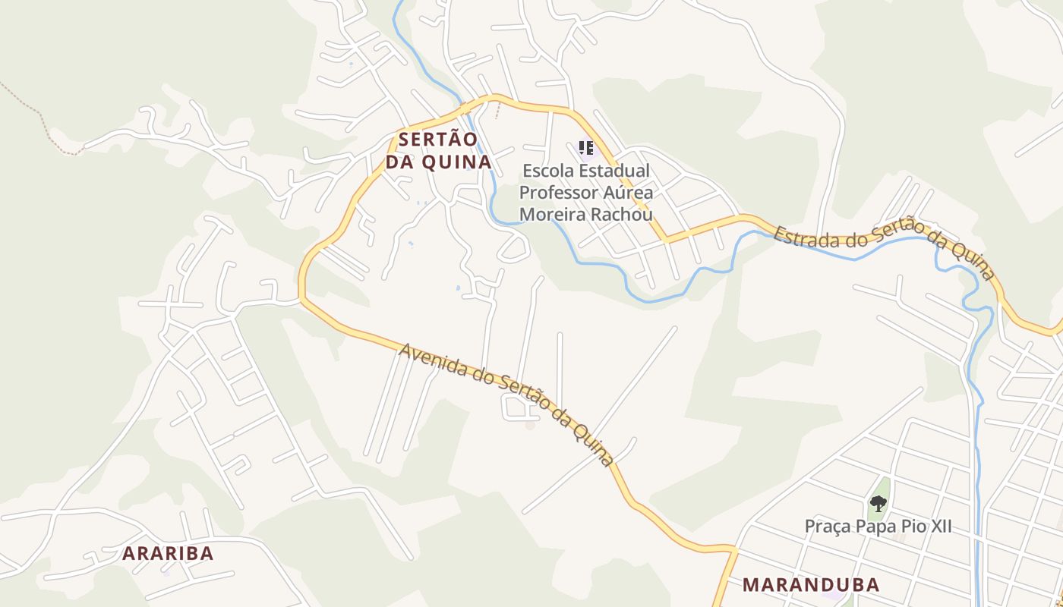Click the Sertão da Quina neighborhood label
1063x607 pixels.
(x=438, y=151)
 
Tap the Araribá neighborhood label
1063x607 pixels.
(x=168, y=553)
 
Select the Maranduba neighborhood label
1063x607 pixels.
(x=811, y=584)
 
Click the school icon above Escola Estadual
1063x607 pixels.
(x=585, y=147)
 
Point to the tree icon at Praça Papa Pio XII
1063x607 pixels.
(x=878, y=503)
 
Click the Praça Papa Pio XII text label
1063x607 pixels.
(x=878, y=526)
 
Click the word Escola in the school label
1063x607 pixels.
(x=543, y=171)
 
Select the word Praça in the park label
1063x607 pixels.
(x=825, y=526)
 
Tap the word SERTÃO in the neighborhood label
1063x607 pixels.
(x=438, y=140)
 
